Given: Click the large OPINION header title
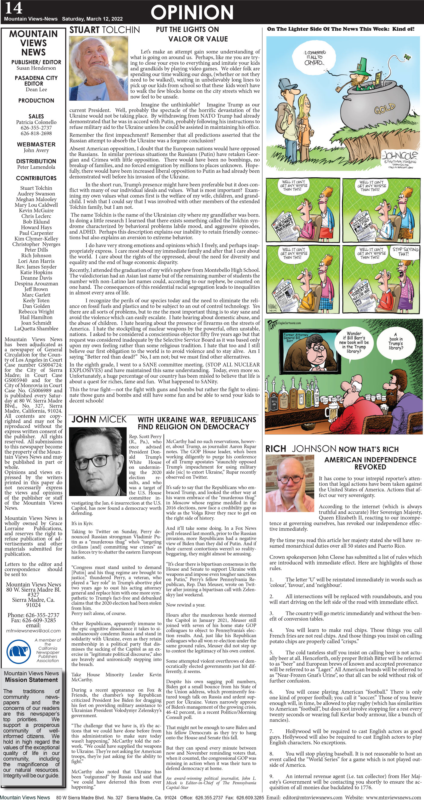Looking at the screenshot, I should pyautogui.click(x=192, y=12).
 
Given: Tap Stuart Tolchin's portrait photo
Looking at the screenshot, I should pyautogui.click(x=98, y=68).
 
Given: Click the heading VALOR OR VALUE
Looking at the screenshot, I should pyautogui.click(x=198, y=39).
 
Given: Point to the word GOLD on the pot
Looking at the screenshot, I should pyautogui.click(x=385, y=109).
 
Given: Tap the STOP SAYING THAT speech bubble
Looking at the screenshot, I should pyautogui.click(x=405, y=252).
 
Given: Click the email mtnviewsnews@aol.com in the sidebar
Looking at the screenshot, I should pyautogui.click(x=33, y=630).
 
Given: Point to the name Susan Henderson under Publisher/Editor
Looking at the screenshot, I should pyautogui.click(x=36, y=68).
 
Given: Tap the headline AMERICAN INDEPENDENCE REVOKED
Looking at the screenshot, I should pyautogui.click(x=370, y=463).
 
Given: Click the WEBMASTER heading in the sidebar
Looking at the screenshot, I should pyautogui.click(x=36, y=144).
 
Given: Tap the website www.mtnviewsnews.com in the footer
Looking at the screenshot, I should pyautogui.click(x=394, y=797).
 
